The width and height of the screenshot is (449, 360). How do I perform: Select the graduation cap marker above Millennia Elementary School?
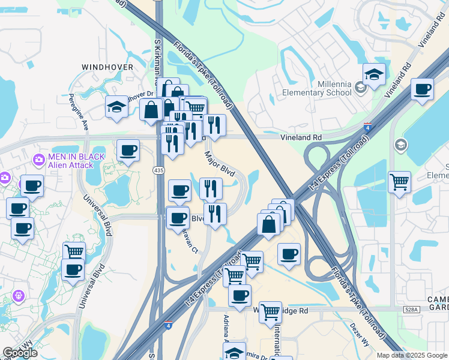click(x=374, y=74)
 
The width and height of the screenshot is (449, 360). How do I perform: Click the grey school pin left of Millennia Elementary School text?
click(x=360, y=88)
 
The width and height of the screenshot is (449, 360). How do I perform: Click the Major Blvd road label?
click(x=219, y=162)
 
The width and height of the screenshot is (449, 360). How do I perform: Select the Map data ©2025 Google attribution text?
click(x=411, y=355)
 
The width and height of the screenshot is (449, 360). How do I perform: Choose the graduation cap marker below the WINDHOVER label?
click(x=116, y=107)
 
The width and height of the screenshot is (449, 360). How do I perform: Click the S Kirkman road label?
click(x=157, y=60)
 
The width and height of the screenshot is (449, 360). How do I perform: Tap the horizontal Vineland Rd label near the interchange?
click(x=303, y=137)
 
